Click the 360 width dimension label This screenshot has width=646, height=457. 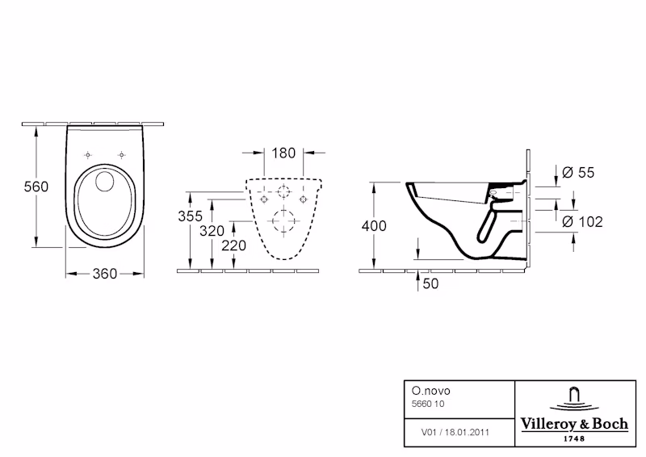click(x=105, y=274)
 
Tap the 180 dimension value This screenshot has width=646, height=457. click(x=283, y=153)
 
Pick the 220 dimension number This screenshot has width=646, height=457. click(x=234, y=245)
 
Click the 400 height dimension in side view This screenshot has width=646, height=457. click(x=375, y=226)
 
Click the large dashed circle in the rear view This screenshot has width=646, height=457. click(x=284, y=220)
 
